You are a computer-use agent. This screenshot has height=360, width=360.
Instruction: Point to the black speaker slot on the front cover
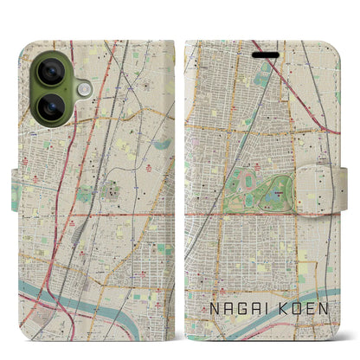tap(267, 55)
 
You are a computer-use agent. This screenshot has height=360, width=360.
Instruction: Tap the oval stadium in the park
tap(248, 180)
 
